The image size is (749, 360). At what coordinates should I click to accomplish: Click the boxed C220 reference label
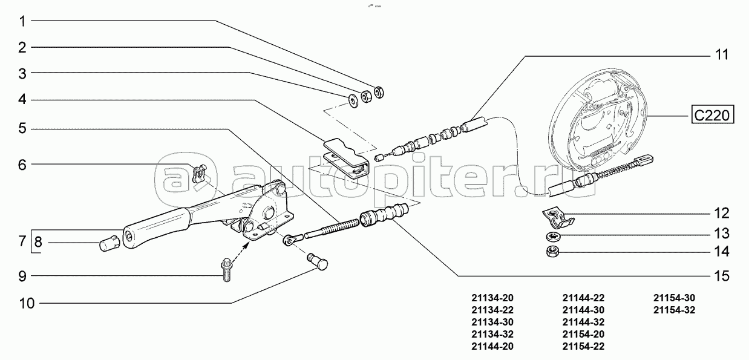coord(713,116)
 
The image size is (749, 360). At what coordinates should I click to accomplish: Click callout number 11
coord(722,54)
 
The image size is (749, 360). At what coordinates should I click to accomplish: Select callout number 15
coord(722,276)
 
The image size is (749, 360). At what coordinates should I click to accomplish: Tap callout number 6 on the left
coord(22,165)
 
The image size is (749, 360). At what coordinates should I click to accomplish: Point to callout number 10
coord(27,303)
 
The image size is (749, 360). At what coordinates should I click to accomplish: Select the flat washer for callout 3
coord(353,100)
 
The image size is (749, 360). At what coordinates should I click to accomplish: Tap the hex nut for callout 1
coord(379,92)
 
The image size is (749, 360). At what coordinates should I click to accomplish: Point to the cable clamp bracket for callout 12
coord(557,217)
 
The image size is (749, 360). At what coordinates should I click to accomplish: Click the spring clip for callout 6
coord(199,174)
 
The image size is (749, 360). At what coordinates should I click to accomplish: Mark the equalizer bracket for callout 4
coord(347,157)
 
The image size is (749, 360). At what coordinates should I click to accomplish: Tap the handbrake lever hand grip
coord(157,227)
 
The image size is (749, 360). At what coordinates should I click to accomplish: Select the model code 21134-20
coord(492,298)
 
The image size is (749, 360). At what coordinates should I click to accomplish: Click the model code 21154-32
coord(674,310)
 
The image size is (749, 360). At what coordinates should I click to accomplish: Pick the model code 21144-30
coord(583,310)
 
